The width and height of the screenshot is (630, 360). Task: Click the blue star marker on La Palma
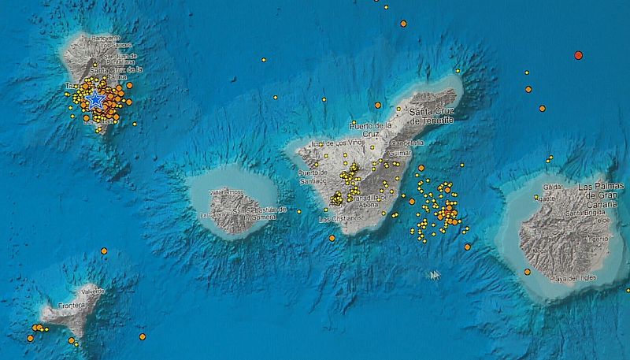(x=95, y=99)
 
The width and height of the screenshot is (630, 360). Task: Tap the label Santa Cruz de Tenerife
(x=432, y=117)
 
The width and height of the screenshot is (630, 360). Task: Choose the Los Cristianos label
(x=340, y=218)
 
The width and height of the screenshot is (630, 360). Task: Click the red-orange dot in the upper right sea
(x=578, y=55)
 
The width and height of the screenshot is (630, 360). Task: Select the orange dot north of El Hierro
(x=104, y=251)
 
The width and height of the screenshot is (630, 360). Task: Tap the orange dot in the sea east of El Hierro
(x=143, y=336)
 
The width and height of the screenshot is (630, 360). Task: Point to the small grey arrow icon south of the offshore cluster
(x=433, y=275)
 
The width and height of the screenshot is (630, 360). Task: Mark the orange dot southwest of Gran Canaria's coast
(x=527, y=272)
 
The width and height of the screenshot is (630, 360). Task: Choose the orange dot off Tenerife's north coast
(x=377, y=105)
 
